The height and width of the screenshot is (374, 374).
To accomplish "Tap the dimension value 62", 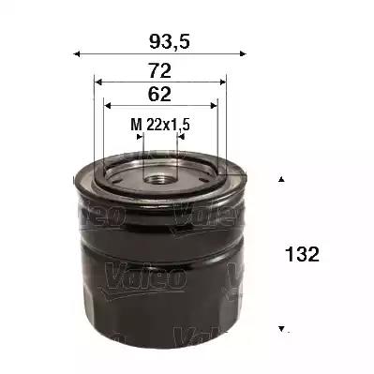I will (x=158, y=95).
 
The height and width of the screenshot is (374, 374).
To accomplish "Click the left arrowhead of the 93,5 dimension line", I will (x=78, y=53).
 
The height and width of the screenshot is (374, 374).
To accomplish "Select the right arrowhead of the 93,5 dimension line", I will (x=246, y=53).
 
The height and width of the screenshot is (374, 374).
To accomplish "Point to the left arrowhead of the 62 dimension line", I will (x=107, y=105).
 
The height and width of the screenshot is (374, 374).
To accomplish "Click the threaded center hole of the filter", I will (x=159, y=174).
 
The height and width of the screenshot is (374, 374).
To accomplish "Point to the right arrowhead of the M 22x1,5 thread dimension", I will (x=178, y=136).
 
